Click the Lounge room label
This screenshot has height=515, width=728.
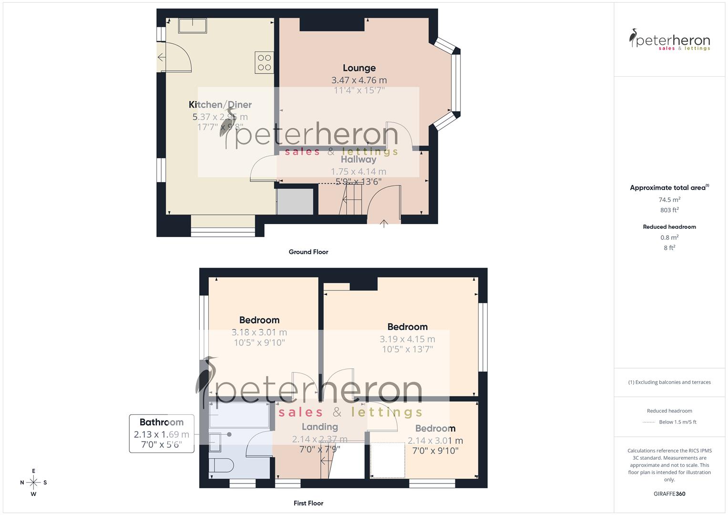coord(359,68)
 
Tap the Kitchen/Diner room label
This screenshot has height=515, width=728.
coord(220,105)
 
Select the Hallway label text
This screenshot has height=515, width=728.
coord(358,160)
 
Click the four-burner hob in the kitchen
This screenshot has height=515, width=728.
coord(264,62)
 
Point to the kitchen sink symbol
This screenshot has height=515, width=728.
coord(193,26)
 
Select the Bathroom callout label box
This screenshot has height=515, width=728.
coord(162,433)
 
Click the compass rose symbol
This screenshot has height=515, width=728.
coord(33,483)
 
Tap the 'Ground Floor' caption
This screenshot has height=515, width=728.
coord(308,252)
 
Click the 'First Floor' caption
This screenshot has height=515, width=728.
coord(308,503)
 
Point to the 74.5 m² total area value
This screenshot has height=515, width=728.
coord(669,200)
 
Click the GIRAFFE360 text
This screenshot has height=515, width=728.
coord(669,494)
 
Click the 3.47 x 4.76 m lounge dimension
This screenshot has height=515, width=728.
coord(359,80)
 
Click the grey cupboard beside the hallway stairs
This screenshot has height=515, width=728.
coord(295,202)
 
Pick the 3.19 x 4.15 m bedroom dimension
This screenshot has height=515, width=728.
coord(407,339)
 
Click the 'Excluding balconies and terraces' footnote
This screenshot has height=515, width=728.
coord(669,382)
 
